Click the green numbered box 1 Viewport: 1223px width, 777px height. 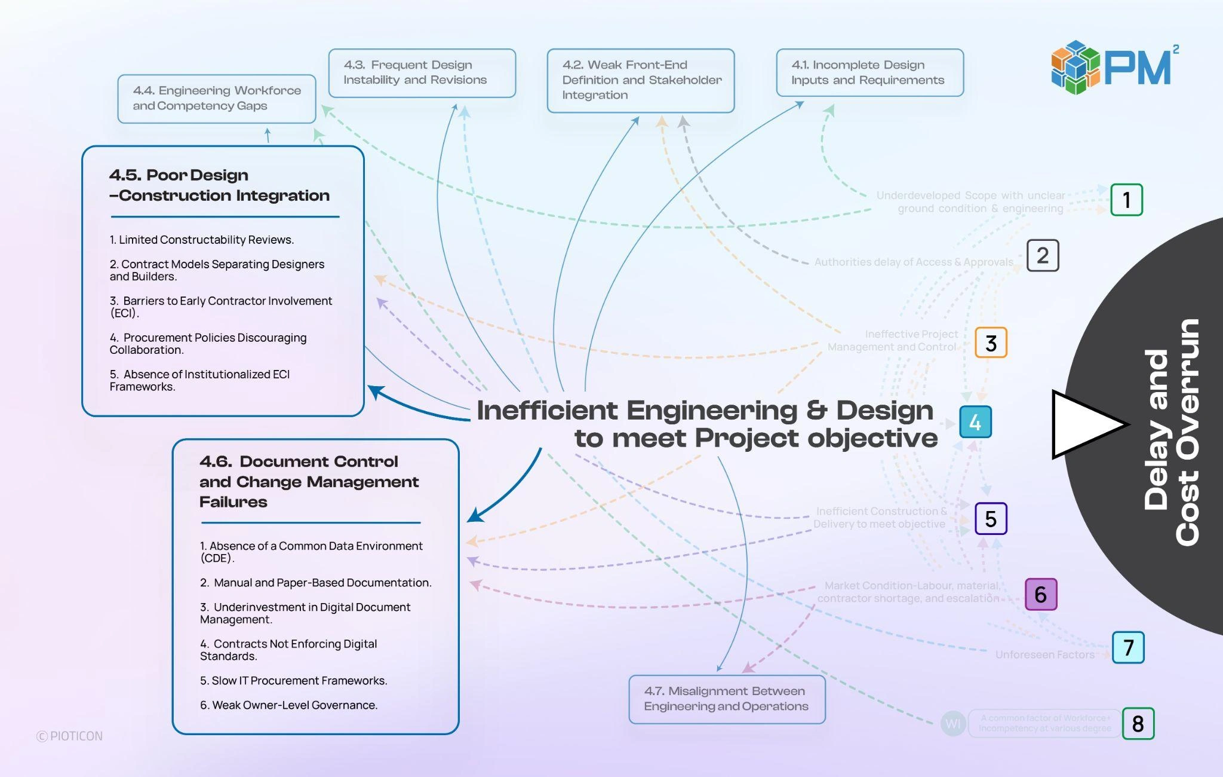click(1126, 200)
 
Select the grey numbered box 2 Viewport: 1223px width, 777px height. click(1043, 256)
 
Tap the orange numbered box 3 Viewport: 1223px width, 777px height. click(991, 343)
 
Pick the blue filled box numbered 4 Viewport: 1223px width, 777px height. click(975, 423)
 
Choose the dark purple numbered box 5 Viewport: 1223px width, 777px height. click(991, 519)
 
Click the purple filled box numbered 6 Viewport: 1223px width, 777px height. click(1041, 595)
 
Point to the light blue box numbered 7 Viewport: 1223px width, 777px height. click(1128, 647)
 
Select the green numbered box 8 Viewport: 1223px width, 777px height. click(1138, 724)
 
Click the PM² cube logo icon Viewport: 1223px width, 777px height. click(1075, 67)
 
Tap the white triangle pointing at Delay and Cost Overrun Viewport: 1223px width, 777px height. click(1084, 424)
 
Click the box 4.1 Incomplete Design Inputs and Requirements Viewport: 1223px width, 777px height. click(869, 73)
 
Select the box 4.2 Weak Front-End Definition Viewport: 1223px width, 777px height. click(640, 81)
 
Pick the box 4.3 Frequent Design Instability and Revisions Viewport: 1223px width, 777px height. click(422, 73)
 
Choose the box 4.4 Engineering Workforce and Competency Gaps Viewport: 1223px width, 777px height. click(216, 99)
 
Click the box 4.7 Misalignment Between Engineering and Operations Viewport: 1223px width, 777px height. click(727, 699)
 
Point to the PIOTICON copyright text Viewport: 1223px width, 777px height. click(70, 736)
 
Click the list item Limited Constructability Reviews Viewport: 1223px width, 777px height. click(202, 240)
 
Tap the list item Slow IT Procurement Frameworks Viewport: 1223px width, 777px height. click(294, 681)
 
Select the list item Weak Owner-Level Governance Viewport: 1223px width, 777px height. click(289, 705)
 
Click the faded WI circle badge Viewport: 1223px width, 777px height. click(953, 724)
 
